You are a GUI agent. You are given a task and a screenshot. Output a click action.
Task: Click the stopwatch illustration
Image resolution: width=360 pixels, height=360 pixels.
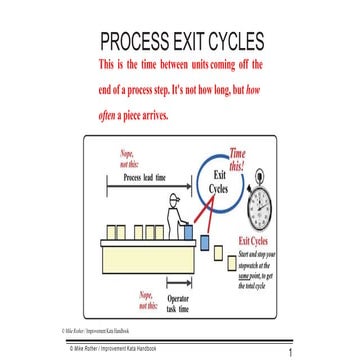coord(259,203)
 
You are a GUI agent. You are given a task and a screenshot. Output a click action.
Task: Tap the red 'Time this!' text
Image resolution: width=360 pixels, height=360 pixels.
coord(237,159)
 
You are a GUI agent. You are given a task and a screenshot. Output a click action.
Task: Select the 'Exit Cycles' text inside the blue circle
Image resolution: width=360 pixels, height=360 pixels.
coord(220,181)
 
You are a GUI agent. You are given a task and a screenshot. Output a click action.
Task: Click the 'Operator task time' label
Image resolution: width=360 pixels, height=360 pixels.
coord(179,303)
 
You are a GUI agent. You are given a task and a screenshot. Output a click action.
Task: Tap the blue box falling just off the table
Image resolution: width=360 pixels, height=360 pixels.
coord(204,241)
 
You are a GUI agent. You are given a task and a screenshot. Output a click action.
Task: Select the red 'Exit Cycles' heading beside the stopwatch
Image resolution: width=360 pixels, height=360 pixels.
coord(252,242)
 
